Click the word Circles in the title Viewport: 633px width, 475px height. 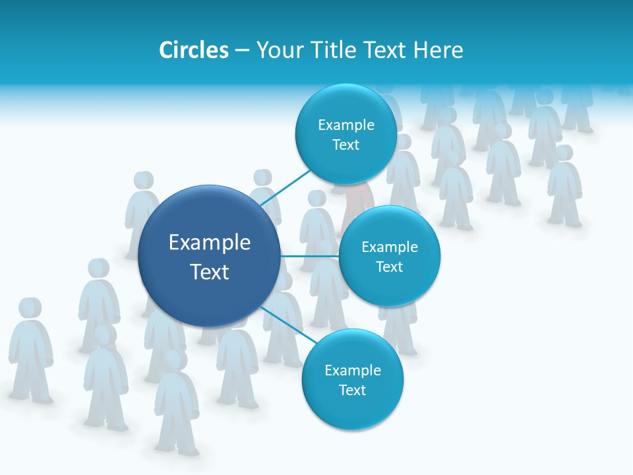(193, 50)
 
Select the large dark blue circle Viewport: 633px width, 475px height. (210, 256)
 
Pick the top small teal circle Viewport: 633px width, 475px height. (346, 134)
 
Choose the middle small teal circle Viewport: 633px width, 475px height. (389, 256)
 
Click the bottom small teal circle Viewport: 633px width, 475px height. (352, 379)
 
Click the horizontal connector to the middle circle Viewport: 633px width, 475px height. (310, 256)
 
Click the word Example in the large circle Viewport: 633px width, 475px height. (210, 242)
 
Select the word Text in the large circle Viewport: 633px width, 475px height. (210, 271)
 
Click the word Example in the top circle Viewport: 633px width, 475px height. (346, 125)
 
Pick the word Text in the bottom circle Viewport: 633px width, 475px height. (352, 390)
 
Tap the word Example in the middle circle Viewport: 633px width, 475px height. (389, 247)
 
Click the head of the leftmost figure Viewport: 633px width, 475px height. (29, 309)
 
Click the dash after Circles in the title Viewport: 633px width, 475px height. (242, 50)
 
